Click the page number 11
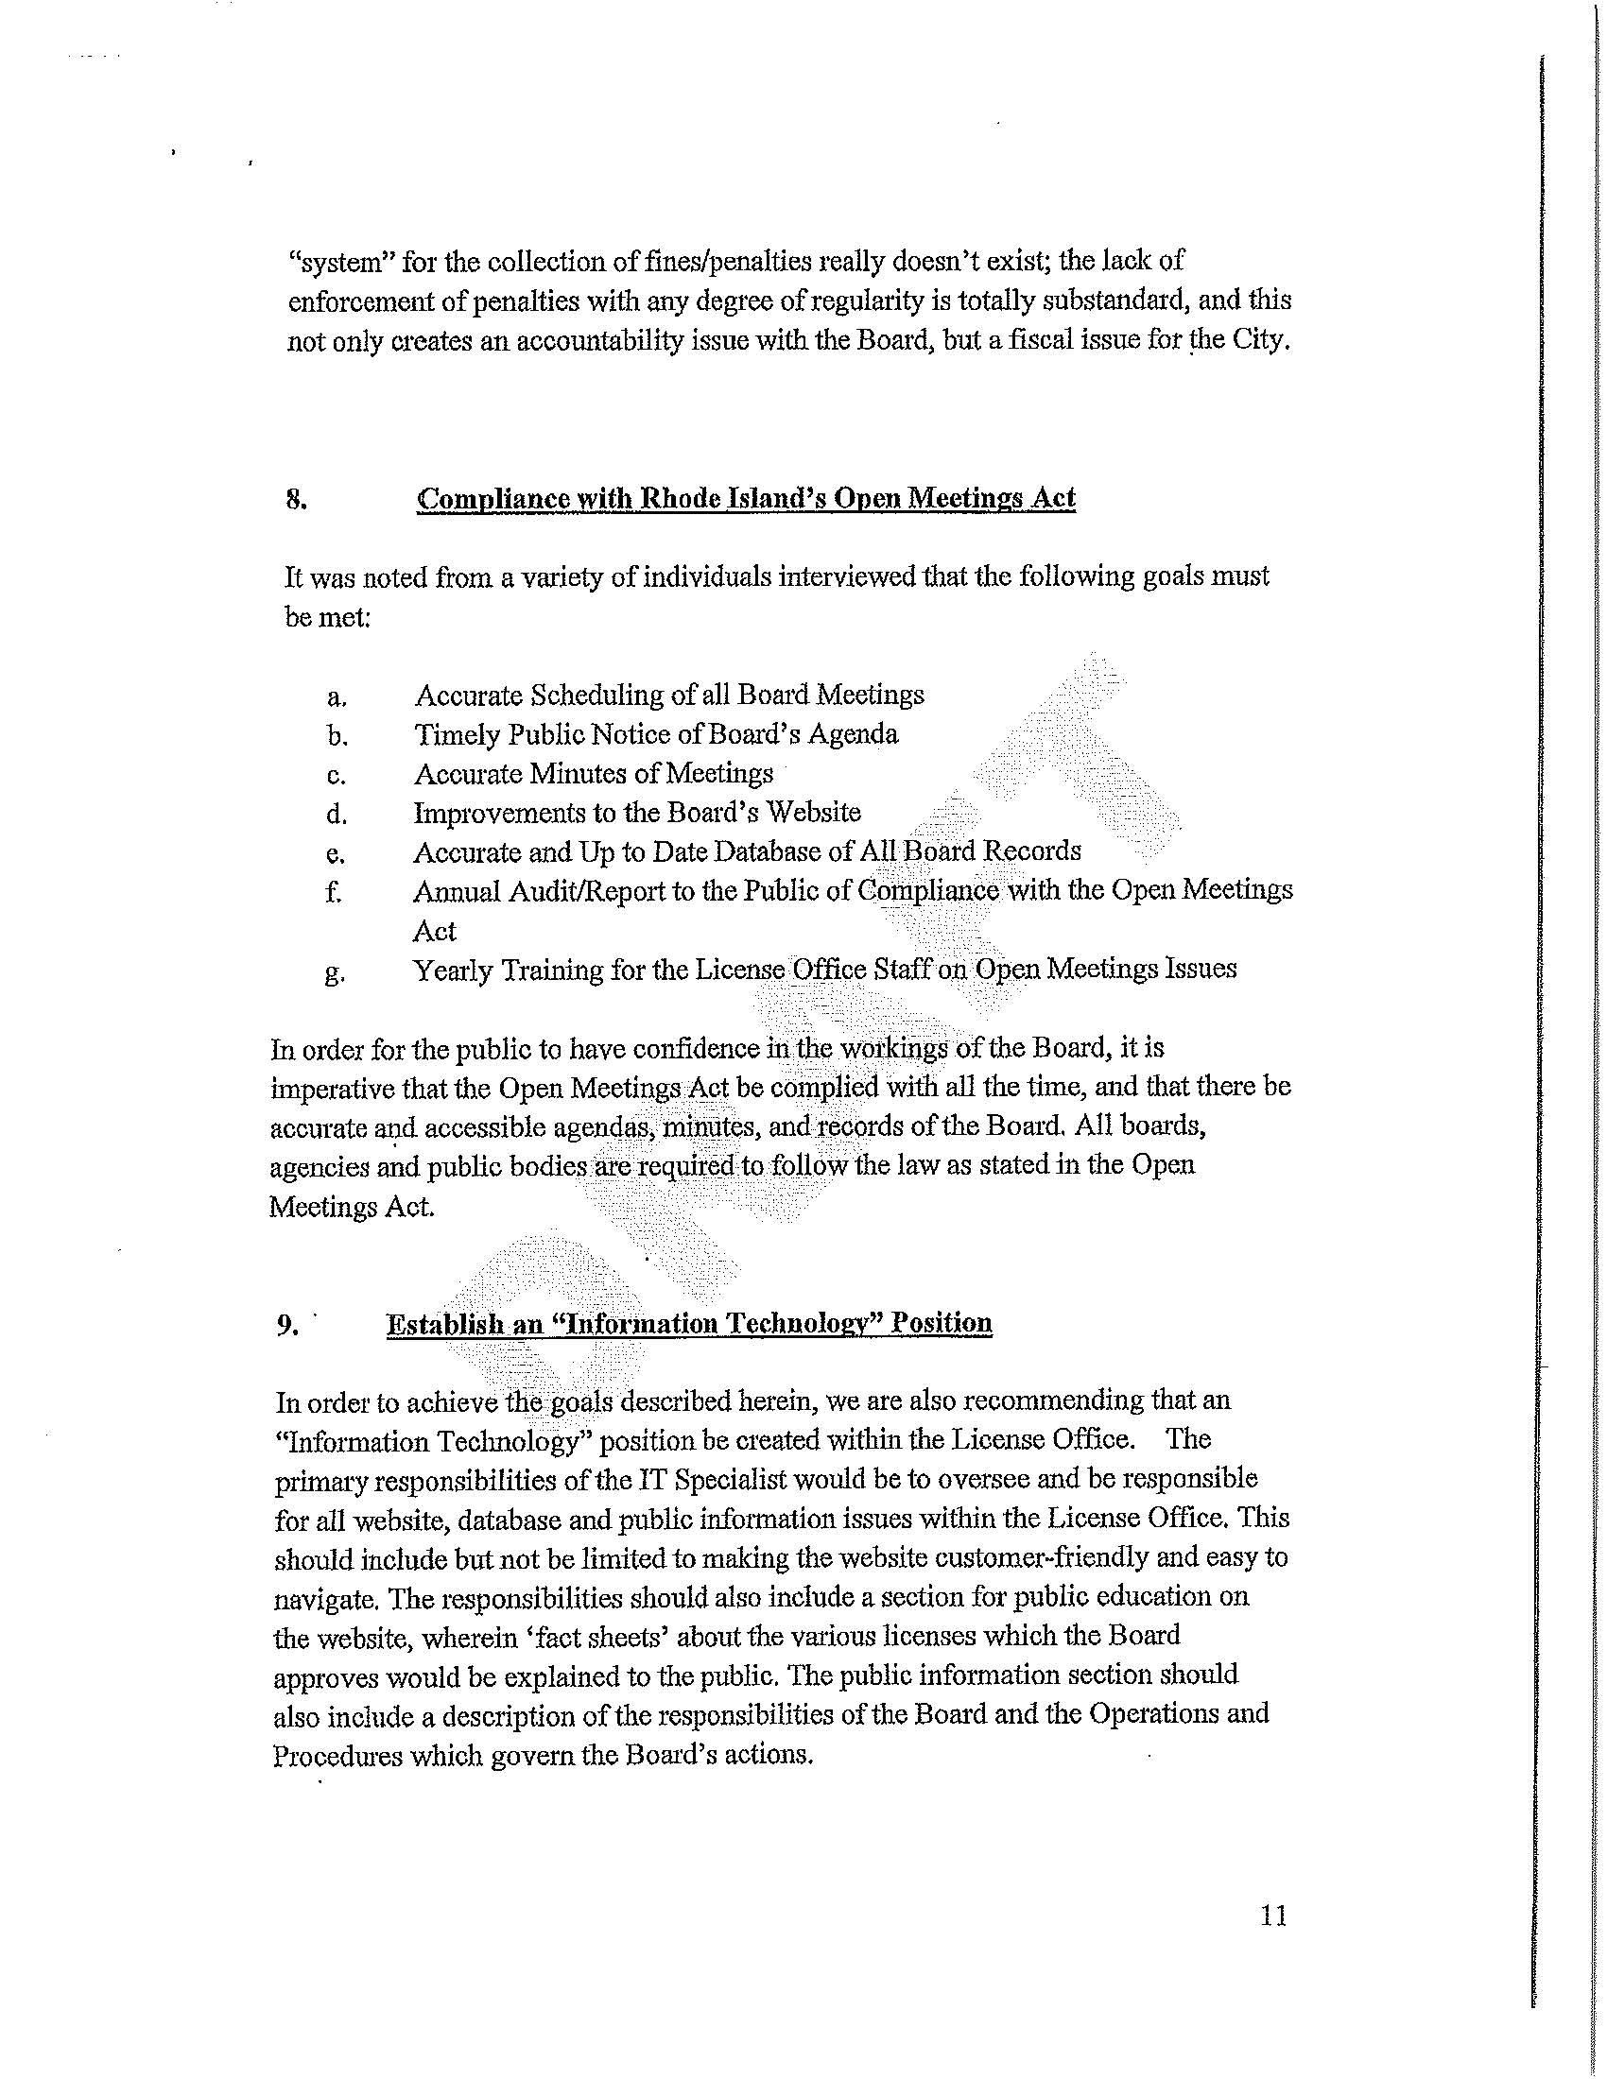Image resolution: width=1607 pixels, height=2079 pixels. (1273, 1915)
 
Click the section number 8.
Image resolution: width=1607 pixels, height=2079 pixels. (295, 499)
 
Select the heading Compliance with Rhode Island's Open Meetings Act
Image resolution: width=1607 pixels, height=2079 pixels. (746, 499)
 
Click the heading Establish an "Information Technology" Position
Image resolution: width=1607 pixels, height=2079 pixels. (688, 1323)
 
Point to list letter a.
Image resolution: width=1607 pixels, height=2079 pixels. (336, 696)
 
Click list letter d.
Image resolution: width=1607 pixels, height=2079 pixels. (336, 815)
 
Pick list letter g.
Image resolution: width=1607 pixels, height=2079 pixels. (334, 972)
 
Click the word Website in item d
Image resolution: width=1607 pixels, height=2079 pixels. (813, 812)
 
